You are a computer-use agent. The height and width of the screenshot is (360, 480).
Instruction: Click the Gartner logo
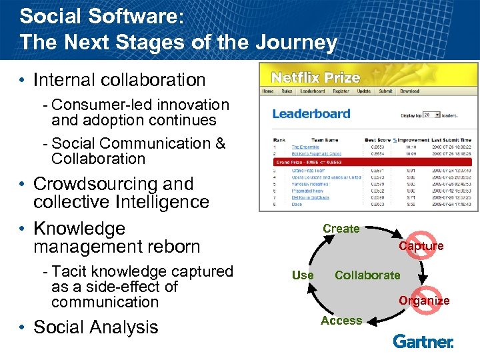point(423,341)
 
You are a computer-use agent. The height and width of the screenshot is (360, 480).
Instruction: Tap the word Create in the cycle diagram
point(341,229)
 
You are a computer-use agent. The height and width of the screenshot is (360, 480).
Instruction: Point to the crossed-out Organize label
point(424,300)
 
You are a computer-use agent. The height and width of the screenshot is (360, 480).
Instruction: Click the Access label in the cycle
point(341,321)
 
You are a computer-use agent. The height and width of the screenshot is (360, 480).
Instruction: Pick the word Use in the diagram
point(303,275)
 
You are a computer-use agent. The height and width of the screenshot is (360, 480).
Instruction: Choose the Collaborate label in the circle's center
point(367,275)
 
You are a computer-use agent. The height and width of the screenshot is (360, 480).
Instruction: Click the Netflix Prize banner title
point(315,77)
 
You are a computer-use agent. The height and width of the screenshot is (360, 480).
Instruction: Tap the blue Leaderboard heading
point(311,113)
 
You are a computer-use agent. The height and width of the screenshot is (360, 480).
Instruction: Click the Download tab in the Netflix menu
point(409,91)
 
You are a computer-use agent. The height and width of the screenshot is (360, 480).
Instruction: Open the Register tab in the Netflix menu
point(340,91)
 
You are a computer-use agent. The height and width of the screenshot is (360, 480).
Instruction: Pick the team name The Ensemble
point(305,147)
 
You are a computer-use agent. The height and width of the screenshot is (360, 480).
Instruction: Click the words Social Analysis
point(96,327)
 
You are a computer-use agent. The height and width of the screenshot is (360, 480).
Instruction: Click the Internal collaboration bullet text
point(119,80)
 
